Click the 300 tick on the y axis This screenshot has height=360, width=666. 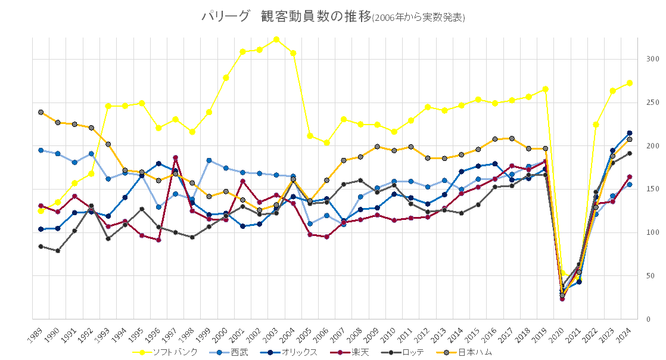pyautogui.click(x=652, y=59)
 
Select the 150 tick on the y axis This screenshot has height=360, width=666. pyautogui.click(x=652, y=189)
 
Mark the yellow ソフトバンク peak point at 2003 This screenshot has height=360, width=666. pyautogui.click(x=276, y=39)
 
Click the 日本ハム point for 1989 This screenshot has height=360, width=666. pyautogui.click(x=41, y=112)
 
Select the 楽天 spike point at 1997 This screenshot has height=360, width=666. pyautogui.click(x=175, y=157)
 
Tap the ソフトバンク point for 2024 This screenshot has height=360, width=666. pyautogui.click(x=630, y=83)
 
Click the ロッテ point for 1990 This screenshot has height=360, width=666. pyautogui.click(x=58, y=251)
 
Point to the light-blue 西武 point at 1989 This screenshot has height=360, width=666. pyautogui.click(x=41, y=150)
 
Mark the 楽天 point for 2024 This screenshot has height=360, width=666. pyautogui.click(x=630, y=176)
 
